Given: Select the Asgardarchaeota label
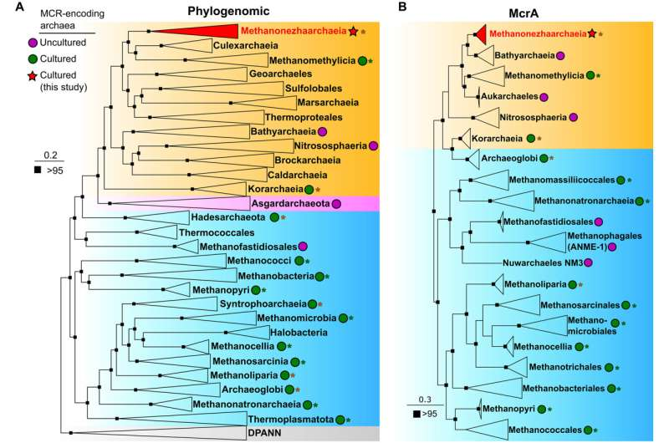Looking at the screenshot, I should pos(289,203).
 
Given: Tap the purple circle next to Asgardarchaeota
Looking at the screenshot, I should pos(336,203).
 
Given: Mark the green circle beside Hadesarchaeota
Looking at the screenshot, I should pos(274,217).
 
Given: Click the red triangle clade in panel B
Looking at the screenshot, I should pos(478,34).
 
